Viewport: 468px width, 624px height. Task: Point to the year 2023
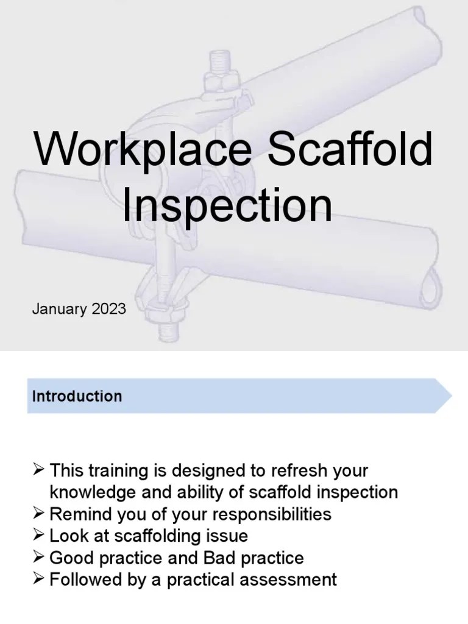(x=109, y=308)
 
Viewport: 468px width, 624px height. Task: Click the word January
(x=60, y=308)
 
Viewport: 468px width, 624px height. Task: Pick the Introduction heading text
(x=77, y=396)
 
